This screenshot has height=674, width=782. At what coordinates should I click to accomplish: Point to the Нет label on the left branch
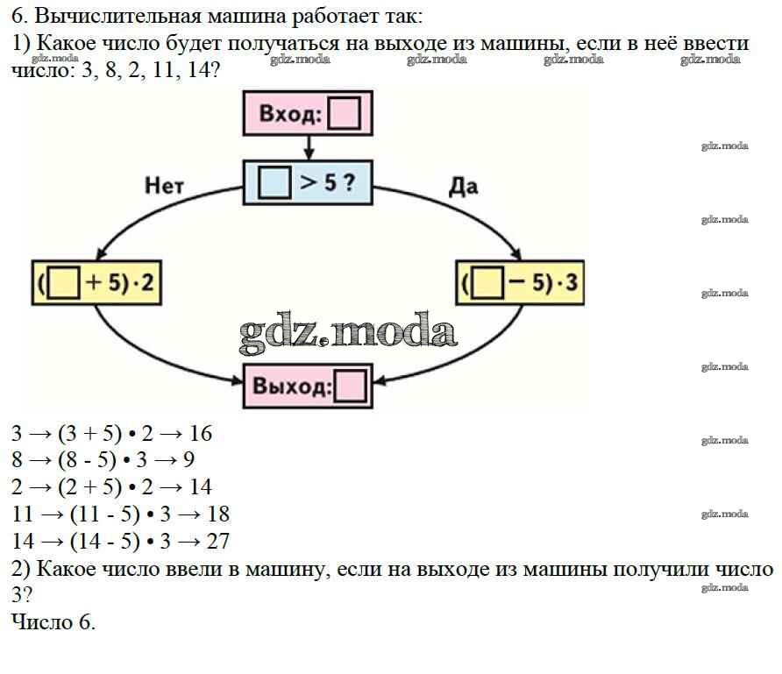coord(165,185)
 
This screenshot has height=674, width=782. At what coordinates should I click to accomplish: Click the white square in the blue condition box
coord(274,183)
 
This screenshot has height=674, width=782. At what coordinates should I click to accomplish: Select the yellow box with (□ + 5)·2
coord(96,282)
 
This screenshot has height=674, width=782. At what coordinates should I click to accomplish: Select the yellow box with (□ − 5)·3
coord(521,282)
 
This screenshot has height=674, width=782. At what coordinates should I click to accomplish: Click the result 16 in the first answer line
coord(200,434)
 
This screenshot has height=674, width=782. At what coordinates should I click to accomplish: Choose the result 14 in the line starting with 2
coord(200,487)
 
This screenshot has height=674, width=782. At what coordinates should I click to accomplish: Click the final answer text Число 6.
coord(53,622)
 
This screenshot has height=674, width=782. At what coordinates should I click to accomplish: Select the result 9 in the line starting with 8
coord(189,460)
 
